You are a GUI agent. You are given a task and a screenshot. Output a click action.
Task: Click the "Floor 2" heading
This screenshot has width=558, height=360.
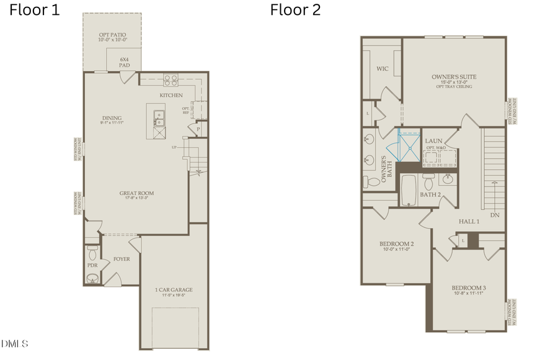click(294, 11)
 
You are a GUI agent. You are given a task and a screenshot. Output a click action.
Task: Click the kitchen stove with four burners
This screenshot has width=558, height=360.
click(170, 81)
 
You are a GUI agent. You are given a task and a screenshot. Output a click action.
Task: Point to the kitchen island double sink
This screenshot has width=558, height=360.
click(159, 115)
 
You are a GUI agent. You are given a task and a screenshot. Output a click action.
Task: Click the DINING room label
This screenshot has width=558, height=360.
click(112, 118)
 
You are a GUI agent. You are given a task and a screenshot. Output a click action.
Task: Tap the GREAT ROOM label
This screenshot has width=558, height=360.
click(136, 193)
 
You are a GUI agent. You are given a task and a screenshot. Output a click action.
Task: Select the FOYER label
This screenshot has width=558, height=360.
click(122, 259)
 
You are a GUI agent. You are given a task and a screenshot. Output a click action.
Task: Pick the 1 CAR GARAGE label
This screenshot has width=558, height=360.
click(174, 289)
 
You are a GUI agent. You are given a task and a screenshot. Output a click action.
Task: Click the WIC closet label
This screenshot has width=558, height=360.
click(382, 69)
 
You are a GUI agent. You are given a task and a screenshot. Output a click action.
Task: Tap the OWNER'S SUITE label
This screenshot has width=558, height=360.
click(454, 77)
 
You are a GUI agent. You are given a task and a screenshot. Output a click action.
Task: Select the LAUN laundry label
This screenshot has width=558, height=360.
click(433, 141)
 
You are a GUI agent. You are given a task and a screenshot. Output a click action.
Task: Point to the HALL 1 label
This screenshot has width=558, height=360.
click(469, 221)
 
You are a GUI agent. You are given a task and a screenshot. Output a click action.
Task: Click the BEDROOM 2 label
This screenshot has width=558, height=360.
click(397, 244)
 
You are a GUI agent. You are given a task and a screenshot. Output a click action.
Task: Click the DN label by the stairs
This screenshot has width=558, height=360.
click(494, 215)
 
